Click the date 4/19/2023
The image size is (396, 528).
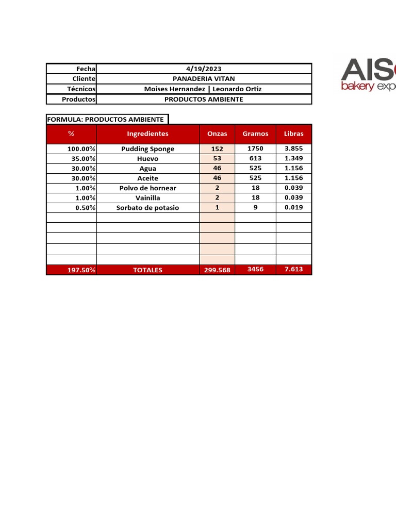[204, 69]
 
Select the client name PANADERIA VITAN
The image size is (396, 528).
[204, 78]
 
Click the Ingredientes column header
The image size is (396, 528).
[147, 134]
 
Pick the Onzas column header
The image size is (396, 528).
[217, 134]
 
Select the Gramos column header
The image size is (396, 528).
[255, 134]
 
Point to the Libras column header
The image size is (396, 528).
[293, 134]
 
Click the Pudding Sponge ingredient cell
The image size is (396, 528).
[147, 149]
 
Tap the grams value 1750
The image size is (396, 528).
[255, 148]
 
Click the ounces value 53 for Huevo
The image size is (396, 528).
[217, 158]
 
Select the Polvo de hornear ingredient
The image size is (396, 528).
[147, 188]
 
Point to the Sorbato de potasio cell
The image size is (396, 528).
[147, 208]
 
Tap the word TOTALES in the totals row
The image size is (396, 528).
[147, 270]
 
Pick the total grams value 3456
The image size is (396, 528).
[255, 270]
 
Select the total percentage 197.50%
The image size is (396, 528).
[81, 270]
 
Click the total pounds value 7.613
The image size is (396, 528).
[293, 270]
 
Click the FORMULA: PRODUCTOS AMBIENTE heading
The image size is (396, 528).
[105, 119]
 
